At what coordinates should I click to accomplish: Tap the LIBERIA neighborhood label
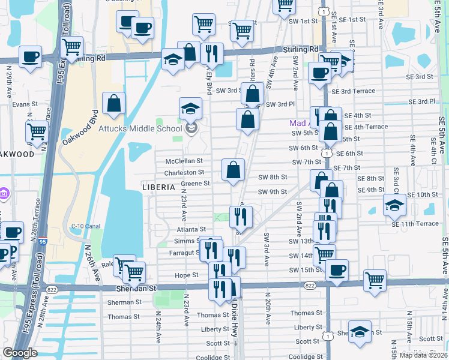[x=158, y=187]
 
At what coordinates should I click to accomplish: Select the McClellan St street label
[x=184, y=161]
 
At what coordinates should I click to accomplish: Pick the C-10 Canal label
[x=85, y=226]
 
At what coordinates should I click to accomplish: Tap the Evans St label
[x=21, y=104]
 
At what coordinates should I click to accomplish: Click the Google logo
[x=20, y=353]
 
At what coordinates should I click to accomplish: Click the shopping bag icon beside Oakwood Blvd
[x=113, y=103]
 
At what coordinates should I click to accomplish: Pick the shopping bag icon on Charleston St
[x=233, y=170]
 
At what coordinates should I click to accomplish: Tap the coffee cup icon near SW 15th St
[x=337, y=270]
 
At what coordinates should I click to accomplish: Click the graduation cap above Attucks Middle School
[x=191, y=108]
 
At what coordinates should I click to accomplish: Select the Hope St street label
[x=187, y=275]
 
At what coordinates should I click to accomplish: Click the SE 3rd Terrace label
[x=357, y=91]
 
